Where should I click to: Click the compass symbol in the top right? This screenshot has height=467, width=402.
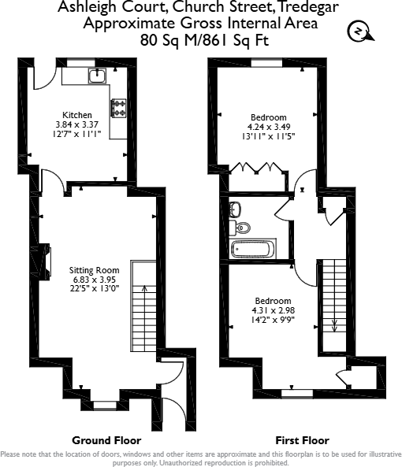358,32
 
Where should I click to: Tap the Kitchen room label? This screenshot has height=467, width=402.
77,115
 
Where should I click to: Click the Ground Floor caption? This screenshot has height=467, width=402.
106,439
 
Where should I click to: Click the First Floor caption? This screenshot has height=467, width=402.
301,439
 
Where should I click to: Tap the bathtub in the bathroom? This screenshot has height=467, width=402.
252,250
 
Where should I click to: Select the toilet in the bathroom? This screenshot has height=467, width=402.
243,228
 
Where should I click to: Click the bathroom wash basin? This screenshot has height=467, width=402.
234,209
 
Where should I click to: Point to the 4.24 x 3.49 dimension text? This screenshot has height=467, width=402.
269,126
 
